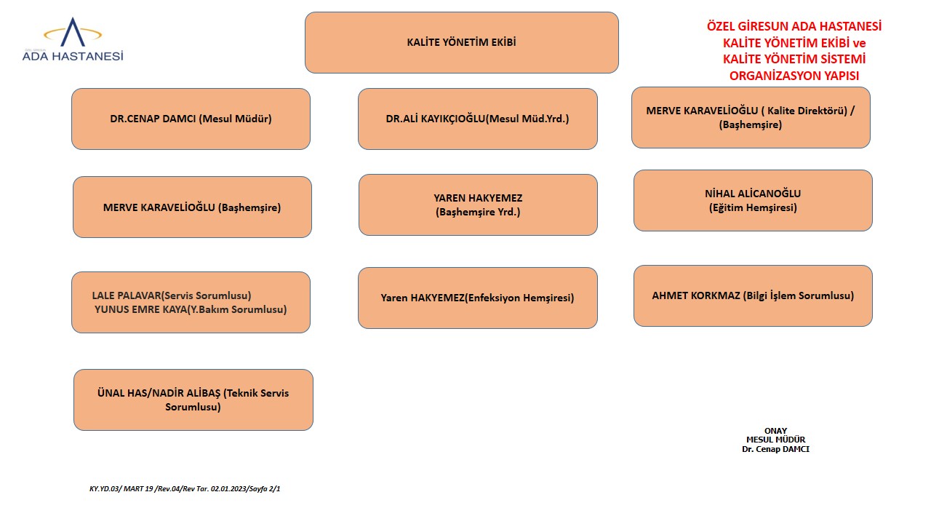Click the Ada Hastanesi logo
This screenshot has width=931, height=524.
(x=73, y=41)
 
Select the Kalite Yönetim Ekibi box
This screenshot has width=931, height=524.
(x=461, y=42)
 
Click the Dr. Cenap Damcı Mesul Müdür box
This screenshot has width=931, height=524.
(x=191, y=119)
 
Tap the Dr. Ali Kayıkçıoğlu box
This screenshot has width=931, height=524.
(x=477, y=119)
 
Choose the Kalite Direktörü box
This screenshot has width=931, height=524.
(x=751, y=117)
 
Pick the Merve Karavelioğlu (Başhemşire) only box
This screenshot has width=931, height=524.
(x=192, y=207)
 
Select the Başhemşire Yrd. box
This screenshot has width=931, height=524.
(x=478, y=205)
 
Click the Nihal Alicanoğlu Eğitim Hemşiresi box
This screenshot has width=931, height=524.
(x=753, y=200)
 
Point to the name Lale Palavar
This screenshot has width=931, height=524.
(x=127, y=295)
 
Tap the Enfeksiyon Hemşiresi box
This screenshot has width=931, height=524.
(x=477, y=298)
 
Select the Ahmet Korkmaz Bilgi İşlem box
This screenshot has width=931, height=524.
(x=753, y=295)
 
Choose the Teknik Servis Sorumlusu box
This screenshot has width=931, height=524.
(x=193, y=400)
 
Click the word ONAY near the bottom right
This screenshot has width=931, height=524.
(x=775, y=431)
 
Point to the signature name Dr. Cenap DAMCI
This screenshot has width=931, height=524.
(x=775, y=449)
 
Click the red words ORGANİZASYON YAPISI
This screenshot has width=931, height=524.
(x=794, y=76)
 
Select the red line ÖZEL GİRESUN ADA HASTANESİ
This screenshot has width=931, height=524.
(x=794, y=26)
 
